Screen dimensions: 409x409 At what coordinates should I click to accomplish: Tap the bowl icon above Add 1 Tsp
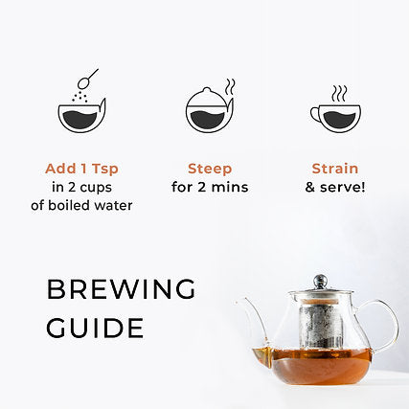pyautogui.click(x=81, y=116)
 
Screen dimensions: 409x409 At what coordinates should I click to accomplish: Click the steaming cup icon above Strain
pyautogui.click(x=336, y=116)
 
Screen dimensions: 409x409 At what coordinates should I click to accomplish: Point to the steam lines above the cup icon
pyautogui.click(x=339, y=93)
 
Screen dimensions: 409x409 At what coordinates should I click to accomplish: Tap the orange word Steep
pyautogui.click(x=210, y=168)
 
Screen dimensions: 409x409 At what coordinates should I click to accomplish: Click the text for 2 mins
pyautogui.click(x=210, y=187)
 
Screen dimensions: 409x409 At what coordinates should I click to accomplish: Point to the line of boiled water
pyautogui.click(x=88, y=205)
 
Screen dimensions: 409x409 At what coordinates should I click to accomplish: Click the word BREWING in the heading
pyautogui.click(x=121, y=290)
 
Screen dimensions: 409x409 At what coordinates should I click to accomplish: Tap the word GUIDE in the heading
pyautogui.click(x=96, y=329)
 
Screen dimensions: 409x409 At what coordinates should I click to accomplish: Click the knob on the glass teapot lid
pyautogui.click(x=320, y=282)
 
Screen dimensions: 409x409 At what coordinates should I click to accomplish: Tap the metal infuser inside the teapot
pyautogui.click(x=319, y=326)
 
